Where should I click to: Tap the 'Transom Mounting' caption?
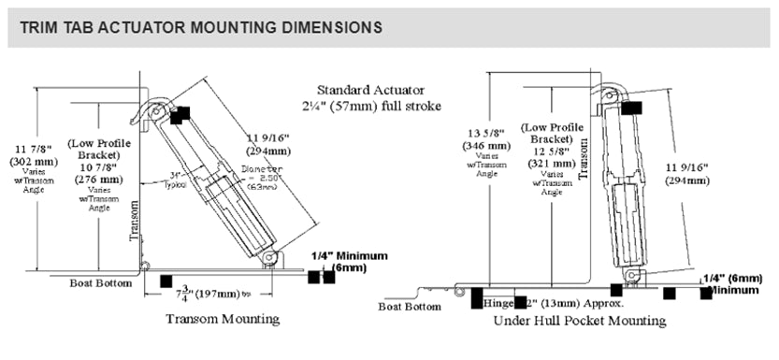(x=223, y=319)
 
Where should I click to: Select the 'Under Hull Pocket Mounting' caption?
(x=580, y=321)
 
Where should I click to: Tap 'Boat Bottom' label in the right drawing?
(x=409, y=306)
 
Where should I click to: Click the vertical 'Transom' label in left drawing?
(x=133, y=221)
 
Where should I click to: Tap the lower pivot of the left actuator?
(x=269, y=256)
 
